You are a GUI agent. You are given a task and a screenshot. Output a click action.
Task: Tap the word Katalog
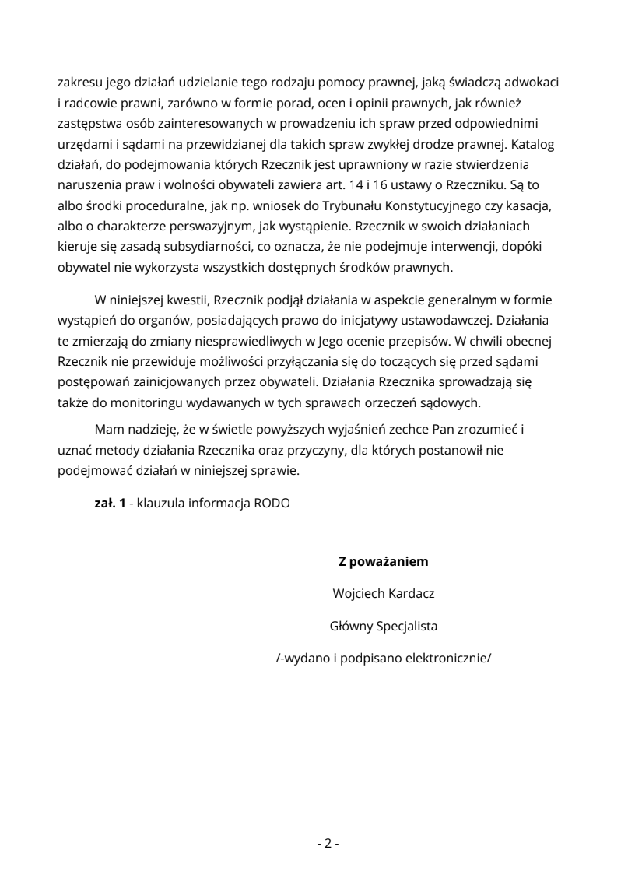[x=533, y=144]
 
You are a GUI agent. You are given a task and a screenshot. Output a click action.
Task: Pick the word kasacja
[x=537, y=205]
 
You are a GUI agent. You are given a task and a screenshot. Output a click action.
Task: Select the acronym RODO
[x=272, y=503]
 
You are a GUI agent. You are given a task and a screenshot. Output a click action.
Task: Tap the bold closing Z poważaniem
[x=383, y=561]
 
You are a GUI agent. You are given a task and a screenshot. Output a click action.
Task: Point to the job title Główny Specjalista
[x=383, y=625]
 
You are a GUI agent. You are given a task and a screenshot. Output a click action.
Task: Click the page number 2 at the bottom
[x=328, y=843]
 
